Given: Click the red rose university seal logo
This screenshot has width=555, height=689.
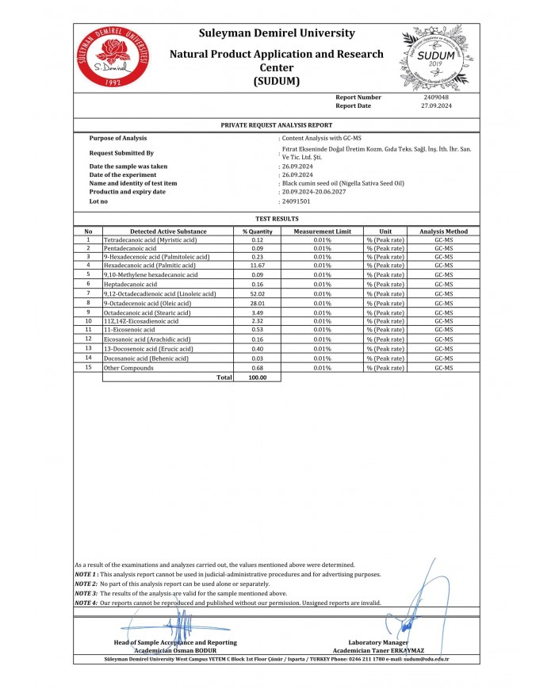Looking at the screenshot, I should tap(113, 56).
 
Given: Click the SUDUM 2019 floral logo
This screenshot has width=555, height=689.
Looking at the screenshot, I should tap(434, 56).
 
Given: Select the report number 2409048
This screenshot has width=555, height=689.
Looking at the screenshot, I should tap(436, 98).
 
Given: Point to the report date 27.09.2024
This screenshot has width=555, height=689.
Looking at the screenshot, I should tap(436, 105).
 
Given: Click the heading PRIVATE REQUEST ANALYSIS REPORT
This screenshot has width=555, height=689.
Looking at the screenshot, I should tap(277, 125).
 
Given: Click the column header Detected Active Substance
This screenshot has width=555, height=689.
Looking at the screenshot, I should tap(168, 232).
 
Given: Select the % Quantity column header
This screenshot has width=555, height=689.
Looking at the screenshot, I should tap(257, 232).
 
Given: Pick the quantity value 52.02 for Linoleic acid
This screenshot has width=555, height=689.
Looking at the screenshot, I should tap(257, 293).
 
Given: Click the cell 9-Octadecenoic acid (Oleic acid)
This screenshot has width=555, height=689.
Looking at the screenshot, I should tap(147, 303).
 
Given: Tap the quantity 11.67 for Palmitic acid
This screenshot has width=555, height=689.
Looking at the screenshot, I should tap(257, 265).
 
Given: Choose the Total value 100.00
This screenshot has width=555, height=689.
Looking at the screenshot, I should tap(257, 378).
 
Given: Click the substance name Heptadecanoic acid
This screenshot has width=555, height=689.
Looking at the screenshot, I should tap(130, 283).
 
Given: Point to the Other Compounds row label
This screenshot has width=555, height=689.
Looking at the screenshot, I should tap(128, 368).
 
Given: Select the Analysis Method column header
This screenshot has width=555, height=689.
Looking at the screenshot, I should tap(443, 232).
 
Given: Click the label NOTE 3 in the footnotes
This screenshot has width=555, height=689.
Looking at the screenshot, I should tap(86, 593).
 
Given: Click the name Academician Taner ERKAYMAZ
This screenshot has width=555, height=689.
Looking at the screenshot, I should tap(377, 650).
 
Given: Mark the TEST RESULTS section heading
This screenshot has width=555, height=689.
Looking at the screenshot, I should tap(277, 218).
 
